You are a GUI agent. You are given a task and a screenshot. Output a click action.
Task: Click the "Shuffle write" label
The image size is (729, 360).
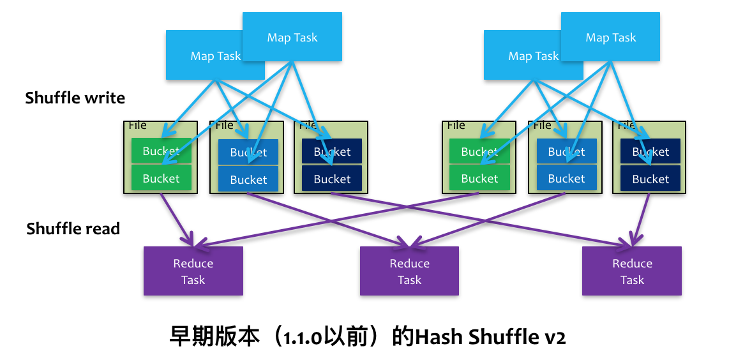(x=75, y=98)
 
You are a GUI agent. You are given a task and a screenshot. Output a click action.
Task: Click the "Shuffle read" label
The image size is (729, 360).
(x=73, y=229)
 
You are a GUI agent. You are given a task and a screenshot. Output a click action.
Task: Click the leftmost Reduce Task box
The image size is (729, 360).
(x=193, y=271)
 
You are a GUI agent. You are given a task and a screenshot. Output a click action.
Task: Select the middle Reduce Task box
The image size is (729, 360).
(x=409, y=271)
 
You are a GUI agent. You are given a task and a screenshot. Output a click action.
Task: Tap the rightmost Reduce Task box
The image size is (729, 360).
(x=632, y=271)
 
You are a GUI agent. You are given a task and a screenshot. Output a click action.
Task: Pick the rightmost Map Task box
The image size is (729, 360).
(x=610, y=37)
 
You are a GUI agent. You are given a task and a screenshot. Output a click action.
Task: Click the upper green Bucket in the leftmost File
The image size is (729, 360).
(x=161, y=151)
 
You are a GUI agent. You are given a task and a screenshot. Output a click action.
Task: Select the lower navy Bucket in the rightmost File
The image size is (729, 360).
(x=650, y=179)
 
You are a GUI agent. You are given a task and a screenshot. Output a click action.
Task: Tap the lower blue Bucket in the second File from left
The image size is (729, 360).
(x=248, y=179)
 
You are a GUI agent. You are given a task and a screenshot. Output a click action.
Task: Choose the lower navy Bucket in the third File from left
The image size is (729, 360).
(x=332, y=179)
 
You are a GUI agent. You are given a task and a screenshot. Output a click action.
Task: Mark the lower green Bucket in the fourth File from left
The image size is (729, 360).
(x=479, y=179)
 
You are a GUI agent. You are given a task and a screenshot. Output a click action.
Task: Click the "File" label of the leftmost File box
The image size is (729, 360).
(x=137, y=125)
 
